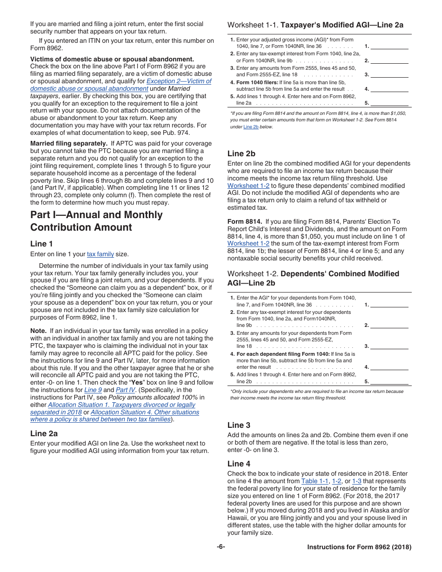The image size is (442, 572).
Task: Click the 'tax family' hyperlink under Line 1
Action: point(100,254)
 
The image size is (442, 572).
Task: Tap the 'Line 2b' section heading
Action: point(241,153)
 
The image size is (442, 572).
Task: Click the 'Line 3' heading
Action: point(239,425)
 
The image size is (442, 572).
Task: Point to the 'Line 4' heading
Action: point(239,464)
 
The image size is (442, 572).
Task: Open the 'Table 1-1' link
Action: point(315,481)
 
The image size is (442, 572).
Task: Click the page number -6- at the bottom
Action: point(221,547)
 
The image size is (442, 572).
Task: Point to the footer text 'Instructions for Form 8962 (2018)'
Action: point(359,547)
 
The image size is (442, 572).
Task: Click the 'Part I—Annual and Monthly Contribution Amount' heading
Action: point(96,221)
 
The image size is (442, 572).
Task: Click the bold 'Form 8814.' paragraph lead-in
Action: point(245,222)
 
